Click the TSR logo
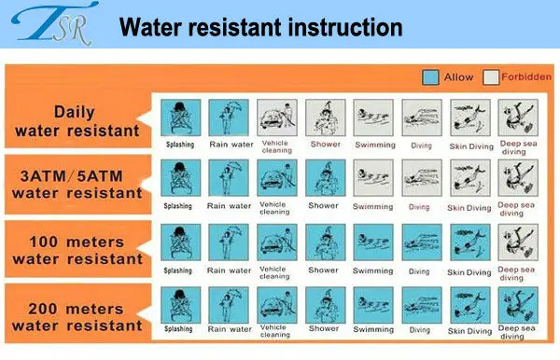[55, 23]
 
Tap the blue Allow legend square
[430, 77]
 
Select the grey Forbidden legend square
[491, 77]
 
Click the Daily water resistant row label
[77, 121]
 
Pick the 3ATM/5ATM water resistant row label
[77, 185]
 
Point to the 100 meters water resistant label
[77, 250]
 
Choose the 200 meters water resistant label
[77, 317]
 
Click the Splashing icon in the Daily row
[181, 118]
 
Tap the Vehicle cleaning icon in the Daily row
[277, 118]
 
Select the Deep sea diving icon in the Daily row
[518, 118]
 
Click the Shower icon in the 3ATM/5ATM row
[326, 178]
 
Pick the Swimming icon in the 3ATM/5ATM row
[373, 178]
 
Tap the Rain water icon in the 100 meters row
[229, 242]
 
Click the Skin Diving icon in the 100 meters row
[470, 242]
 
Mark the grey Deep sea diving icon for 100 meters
[518, 242]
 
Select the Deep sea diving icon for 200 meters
[518, 305]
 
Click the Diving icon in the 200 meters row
[422, 305]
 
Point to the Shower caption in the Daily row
[326, 145]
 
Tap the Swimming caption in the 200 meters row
[373, 329]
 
